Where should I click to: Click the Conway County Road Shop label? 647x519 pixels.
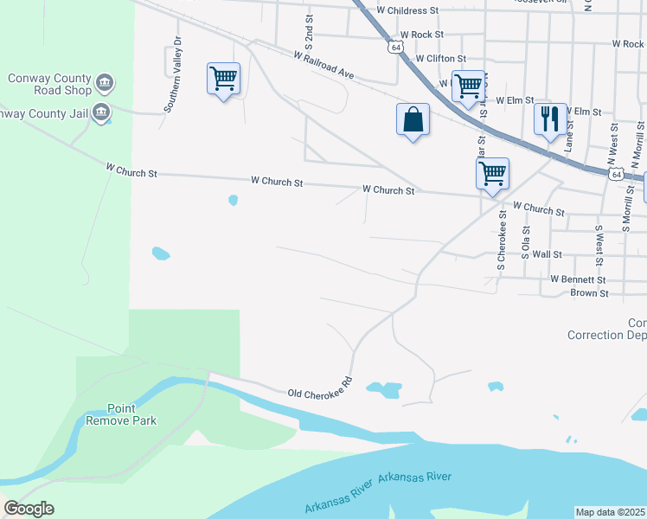click(49, 83)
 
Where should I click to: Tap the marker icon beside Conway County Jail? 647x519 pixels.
click(101, 112)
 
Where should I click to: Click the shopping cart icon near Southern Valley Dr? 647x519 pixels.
click(223, 79)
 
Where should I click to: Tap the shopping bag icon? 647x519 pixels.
click(413, 119)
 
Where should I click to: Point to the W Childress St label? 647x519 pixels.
click(408, 10)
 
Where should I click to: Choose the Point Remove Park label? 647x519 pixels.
click(120, 414)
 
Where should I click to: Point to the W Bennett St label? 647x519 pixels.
click(579, 280)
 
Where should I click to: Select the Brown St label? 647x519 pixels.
click(590, 293)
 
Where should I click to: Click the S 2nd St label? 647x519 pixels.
click(309, 30)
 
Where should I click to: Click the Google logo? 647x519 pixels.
click(29, 509)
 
